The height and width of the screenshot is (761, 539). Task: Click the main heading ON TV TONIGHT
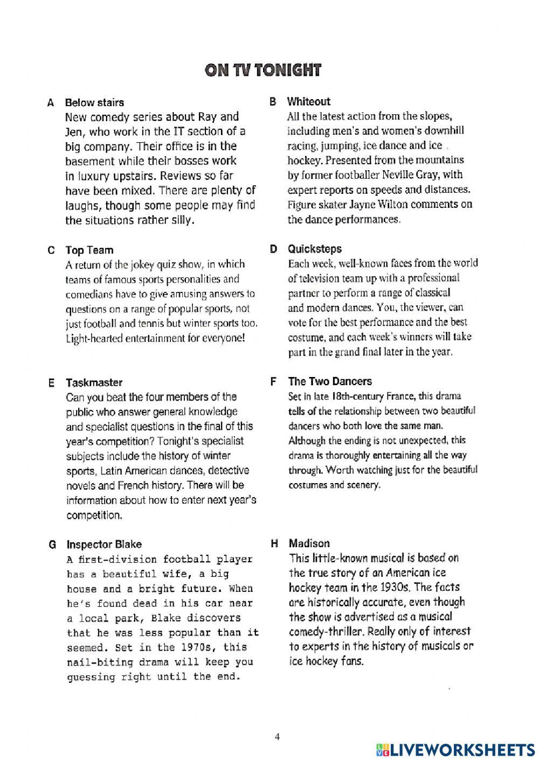pos(262,71)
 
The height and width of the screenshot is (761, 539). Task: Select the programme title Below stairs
pos(94,102)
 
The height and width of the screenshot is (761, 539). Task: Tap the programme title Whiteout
pos(308,101)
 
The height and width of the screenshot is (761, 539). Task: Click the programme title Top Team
pos(89,250)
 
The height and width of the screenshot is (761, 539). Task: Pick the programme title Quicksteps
pos(314,249)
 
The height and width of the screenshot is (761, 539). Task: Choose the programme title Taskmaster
pos(94,383)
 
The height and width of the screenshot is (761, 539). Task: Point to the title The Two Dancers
pos(330,381)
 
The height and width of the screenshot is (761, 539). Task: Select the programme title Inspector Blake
pos(104,544)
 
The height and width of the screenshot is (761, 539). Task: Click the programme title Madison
pos(309,543)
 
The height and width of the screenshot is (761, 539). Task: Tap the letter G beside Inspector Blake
pos(52,544)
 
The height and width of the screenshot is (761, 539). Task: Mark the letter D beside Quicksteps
pos(273,249)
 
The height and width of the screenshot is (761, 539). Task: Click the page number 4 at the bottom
pos(277,737)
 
